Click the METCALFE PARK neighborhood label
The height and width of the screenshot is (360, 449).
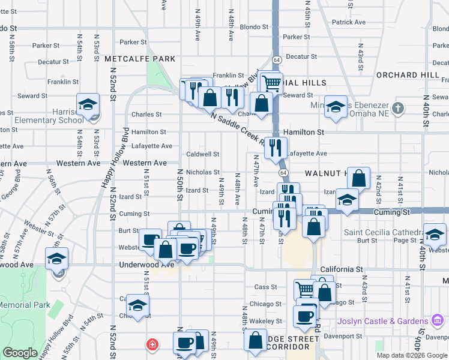click(139, 59)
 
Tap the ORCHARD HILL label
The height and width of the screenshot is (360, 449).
click(407, 75)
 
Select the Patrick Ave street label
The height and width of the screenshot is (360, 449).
click(349, 22)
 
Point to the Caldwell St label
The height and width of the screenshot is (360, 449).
click(202, 154)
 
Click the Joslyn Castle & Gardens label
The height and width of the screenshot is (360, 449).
click(382, 321)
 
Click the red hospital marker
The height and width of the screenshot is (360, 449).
click(153, 344)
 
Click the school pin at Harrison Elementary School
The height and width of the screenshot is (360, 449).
click(88, 105)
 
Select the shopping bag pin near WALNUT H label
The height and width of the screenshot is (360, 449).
click(358, 178)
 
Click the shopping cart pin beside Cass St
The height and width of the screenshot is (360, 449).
click(306, 290)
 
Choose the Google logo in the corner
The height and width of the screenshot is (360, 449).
click(20, 353)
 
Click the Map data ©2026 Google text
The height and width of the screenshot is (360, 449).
click(412, 355)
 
